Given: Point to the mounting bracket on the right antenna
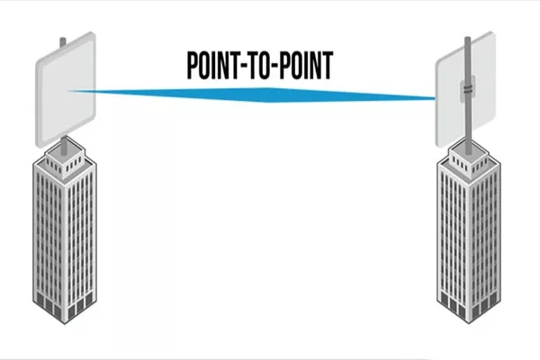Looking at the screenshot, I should [468, 89].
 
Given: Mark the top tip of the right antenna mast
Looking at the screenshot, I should [468, 40].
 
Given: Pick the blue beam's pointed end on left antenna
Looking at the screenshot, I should [72, 91].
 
